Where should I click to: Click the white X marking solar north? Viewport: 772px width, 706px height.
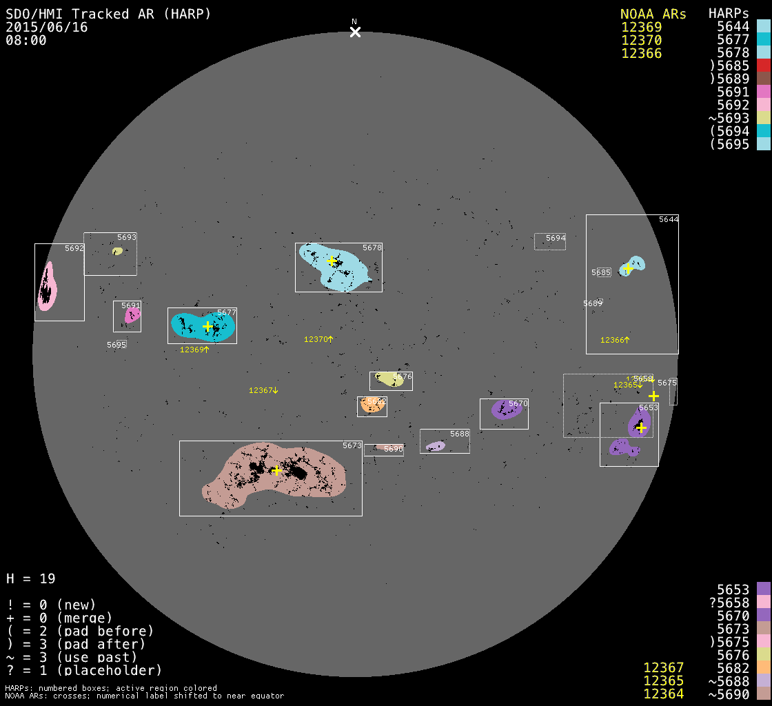[355, 32]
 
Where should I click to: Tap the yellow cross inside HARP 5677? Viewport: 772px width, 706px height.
[207, 326]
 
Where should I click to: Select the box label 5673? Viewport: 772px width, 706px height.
[352, 446]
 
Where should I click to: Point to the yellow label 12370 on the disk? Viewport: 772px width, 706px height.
[318, 339]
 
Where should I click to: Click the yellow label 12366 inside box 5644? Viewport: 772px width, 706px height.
[615, 340]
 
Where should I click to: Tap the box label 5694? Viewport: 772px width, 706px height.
[556, 238]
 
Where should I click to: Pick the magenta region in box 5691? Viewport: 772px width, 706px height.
[132, 316]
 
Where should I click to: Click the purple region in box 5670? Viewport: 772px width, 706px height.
[507, 410]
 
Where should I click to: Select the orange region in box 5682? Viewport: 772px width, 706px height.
[373, 406]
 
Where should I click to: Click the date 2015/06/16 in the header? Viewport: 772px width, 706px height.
[47, 27]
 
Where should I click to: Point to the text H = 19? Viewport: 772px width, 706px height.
[31, 578]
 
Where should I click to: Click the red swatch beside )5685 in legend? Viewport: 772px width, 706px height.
[763, 65]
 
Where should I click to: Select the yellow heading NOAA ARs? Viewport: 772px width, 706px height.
[653, 14]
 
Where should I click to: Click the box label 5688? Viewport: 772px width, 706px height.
[460, 434]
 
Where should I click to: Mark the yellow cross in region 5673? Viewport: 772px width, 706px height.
[276, 471]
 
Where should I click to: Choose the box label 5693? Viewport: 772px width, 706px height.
[127, 237]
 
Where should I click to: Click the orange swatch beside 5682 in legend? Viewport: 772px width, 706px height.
[763, 667]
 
